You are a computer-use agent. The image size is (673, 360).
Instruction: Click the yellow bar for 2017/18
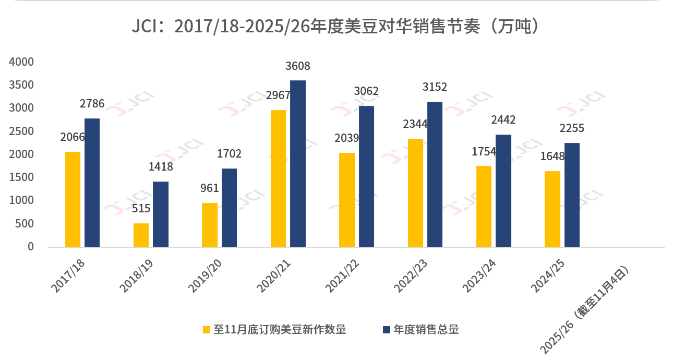(x=73, y=199)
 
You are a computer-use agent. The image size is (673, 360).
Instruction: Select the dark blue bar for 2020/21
(x=298, y=163)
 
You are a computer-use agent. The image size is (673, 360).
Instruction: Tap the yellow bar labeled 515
(x=141, y=235)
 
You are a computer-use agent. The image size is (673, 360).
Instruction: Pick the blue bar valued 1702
(x=229, y=208)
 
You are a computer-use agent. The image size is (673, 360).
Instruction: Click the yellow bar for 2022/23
(x=415, y=193)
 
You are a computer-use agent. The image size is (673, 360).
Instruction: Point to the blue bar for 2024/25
(x=572, y=195)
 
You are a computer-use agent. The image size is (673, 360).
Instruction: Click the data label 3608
(x=298, y=66)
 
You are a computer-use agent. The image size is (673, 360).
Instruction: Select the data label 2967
(x=278, y=95)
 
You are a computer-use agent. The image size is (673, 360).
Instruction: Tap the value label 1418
(x=160, y=167)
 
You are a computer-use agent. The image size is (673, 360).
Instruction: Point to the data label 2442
(x=503, y=120)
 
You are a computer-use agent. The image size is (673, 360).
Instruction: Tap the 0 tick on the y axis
(x=30, y=247)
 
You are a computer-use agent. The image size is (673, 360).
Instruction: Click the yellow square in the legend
(x=207, y=330)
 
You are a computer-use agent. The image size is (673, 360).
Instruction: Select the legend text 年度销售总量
(x=426, y=330)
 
